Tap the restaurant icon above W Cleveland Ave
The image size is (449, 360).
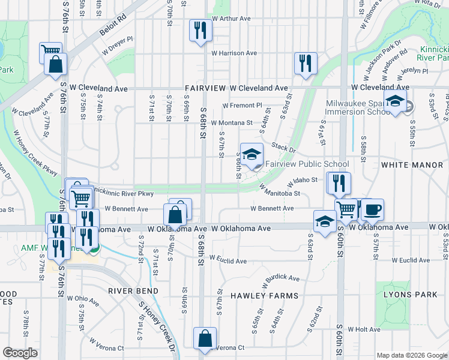[306, 62]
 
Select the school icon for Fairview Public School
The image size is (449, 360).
[252, 154]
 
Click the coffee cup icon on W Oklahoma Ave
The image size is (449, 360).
[372, 209]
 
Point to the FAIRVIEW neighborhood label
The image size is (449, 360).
[205, 88]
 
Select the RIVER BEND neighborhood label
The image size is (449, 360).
[133, 291]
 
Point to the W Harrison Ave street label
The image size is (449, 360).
[234, 53]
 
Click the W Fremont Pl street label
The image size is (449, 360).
[242, 106]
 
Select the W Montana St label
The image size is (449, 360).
[231, 122]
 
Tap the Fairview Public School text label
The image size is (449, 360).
[307, 164]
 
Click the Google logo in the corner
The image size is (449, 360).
[20, 353]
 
